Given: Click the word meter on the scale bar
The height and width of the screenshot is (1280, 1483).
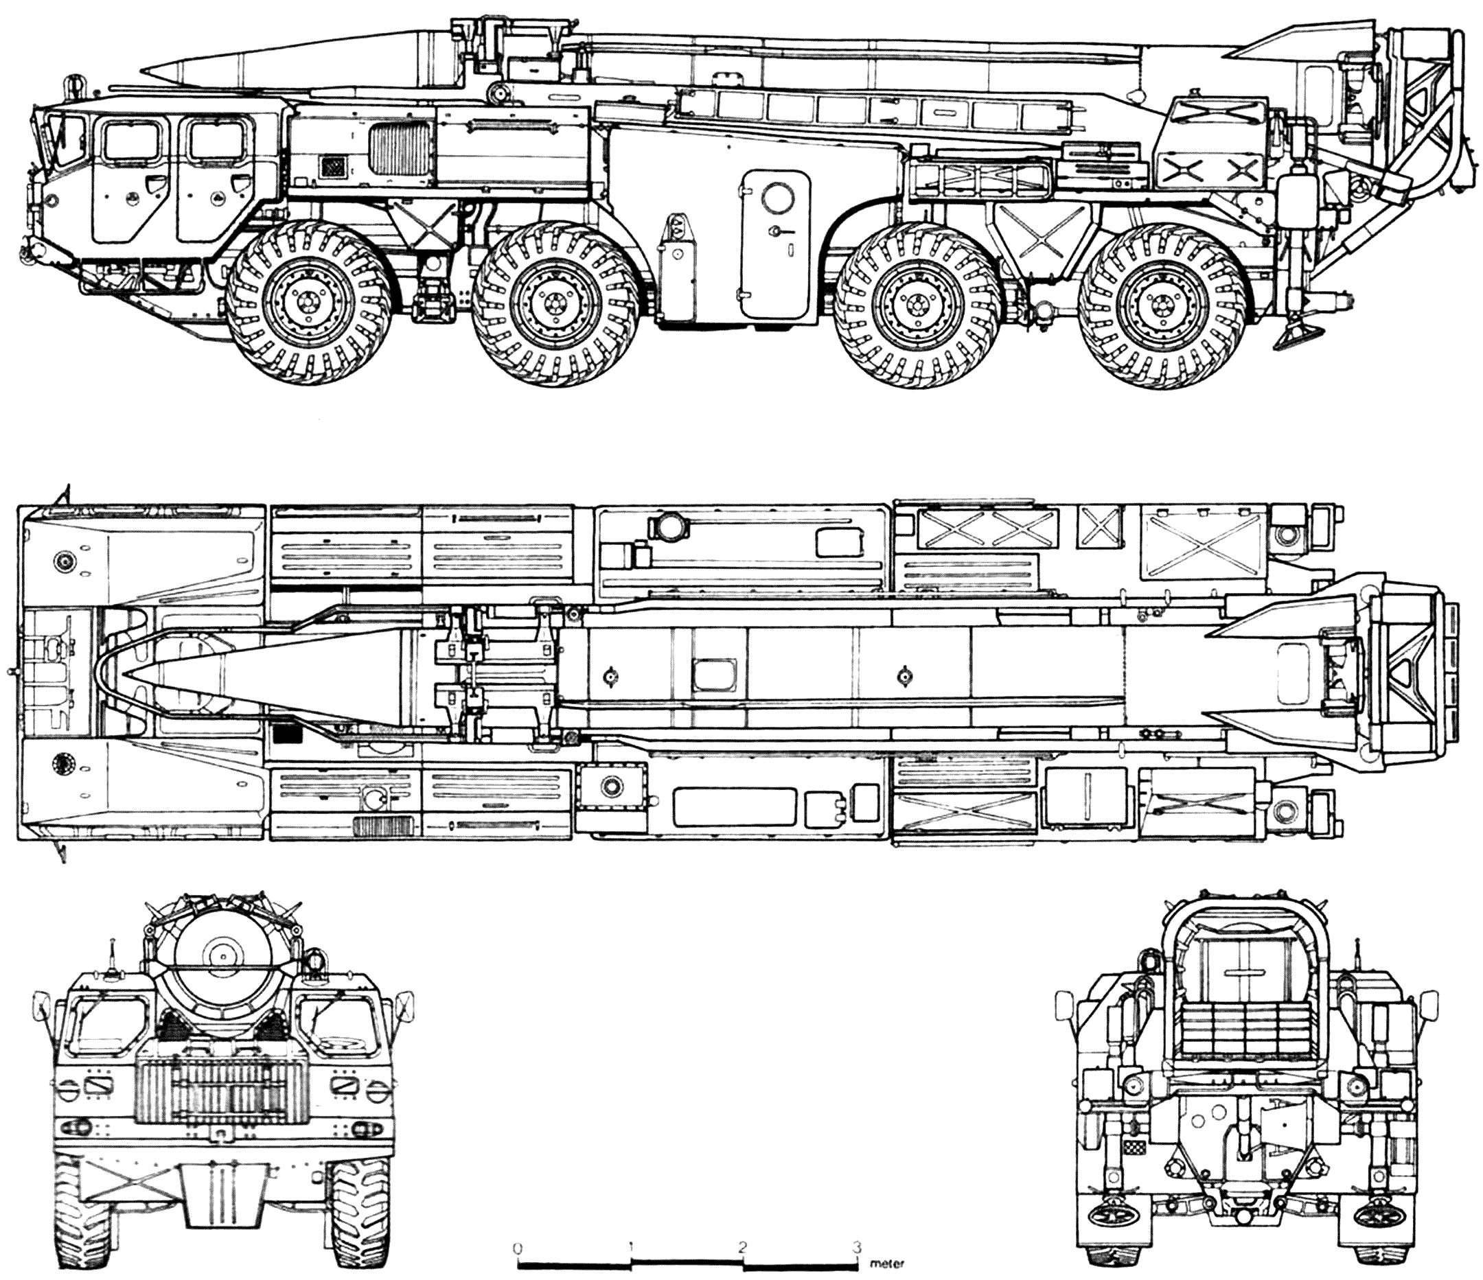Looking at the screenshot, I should point(888,1264).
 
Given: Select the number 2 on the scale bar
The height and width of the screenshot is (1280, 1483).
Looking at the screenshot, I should point(743,1246).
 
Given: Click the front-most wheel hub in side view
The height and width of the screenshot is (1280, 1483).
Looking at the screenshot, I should point(309,304).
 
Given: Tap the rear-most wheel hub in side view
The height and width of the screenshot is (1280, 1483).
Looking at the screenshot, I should point(1161,304).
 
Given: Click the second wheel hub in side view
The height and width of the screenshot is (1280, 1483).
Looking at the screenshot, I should point(553,304).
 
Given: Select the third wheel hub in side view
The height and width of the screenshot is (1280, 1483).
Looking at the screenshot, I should point(916,304).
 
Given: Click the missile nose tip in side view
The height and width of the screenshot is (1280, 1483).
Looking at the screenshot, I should point(143,71).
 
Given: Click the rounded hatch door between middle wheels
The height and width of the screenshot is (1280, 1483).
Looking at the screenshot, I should point(774,246).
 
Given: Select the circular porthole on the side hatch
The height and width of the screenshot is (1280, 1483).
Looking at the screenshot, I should point(777,196).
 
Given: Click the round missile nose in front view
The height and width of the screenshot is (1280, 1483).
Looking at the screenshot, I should point(222,953).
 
